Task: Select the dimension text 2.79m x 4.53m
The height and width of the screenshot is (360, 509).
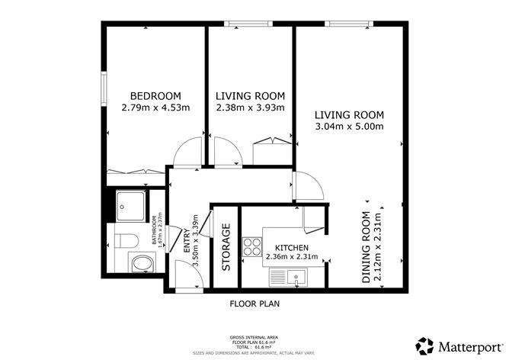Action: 155,108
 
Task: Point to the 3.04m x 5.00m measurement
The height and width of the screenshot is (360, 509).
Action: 349,127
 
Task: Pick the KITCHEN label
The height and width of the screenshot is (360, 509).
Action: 291,248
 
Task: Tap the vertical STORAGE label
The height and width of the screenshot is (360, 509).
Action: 226,247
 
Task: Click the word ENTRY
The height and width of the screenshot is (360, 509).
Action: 187,241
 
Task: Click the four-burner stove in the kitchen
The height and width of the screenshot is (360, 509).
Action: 251,246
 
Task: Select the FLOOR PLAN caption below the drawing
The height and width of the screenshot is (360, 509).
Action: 254,304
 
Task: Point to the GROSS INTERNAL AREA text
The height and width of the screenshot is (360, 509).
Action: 254,336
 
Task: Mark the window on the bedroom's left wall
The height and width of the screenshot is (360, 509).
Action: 104,88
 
